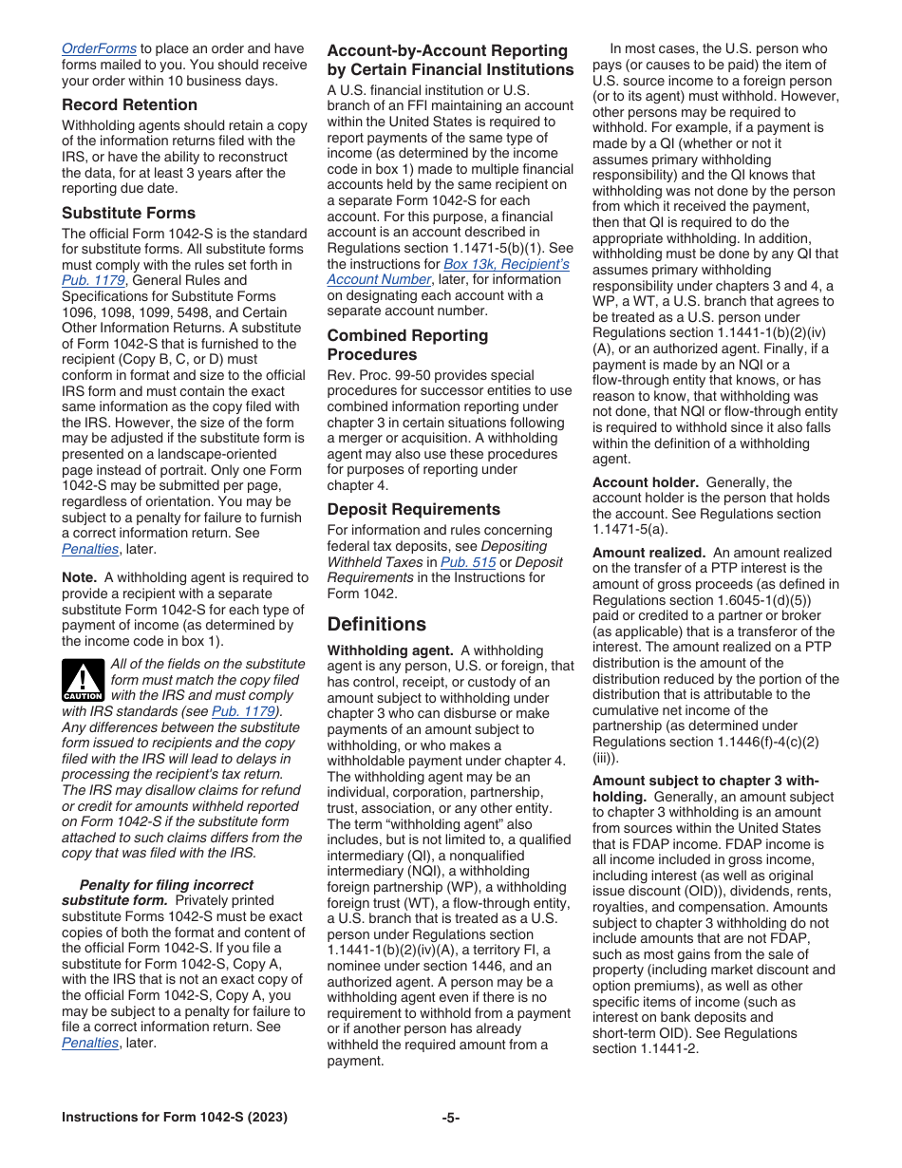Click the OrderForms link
(x=99, y=48)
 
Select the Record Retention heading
(x=129, y=104)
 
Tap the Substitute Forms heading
(x=128, y=213)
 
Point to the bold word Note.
(x=79, y=577)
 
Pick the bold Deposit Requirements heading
(x=413, y=509)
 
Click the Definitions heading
(x=376, y=624)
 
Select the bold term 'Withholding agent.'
(x=389, y=650)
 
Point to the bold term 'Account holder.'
(x=645, y=482)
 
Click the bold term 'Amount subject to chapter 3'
(x=705, y=781)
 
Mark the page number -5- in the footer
(x=450, y=1118)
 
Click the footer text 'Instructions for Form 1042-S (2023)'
(x=175, y=1118)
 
